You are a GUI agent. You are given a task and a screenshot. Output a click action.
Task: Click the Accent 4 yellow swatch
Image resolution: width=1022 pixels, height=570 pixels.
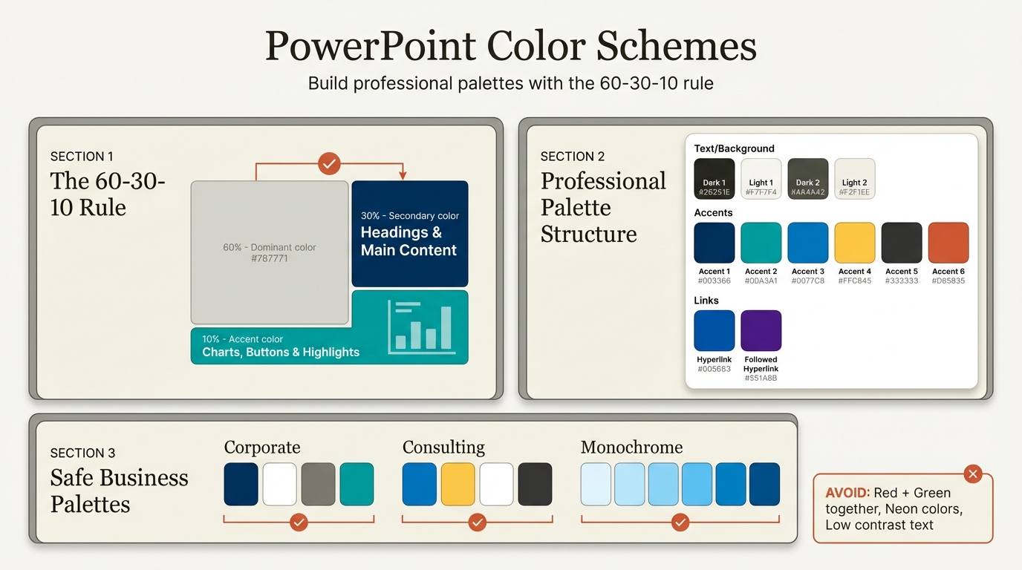pos(854,243)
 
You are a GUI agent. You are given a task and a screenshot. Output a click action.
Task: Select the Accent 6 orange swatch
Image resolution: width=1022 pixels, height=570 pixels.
pos(948,243)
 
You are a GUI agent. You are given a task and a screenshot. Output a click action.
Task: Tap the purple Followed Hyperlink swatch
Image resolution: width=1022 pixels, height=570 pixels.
pos(761,330)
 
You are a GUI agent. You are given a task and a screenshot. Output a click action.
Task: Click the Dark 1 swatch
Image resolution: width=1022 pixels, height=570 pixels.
pos(715,178)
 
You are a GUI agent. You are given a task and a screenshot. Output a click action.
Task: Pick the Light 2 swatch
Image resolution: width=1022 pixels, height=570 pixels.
pos(854,178)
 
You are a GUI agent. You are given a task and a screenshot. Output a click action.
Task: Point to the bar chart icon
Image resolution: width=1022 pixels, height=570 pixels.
pos(420,327)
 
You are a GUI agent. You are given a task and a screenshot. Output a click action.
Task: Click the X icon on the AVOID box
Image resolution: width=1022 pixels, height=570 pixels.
pos(973,474)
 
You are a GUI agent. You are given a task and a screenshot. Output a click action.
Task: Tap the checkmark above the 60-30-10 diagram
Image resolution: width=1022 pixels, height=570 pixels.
pos(329,163)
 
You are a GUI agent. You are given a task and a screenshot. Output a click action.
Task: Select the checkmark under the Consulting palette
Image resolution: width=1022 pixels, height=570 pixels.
pos(477,522)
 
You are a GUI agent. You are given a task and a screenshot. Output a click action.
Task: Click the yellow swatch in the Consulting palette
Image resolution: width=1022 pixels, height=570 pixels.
pos(458,484)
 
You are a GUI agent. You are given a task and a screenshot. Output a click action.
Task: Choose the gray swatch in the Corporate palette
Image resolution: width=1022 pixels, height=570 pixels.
pos(318,484)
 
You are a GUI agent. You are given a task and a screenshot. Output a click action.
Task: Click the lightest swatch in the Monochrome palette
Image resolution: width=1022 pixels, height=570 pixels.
pos(596,484)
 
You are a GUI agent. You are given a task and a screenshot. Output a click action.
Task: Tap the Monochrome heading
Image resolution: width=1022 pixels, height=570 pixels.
pos(631,448)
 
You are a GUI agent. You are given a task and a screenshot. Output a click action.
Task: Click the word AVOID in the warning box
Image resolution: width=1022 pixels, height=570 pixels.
pos(847,493)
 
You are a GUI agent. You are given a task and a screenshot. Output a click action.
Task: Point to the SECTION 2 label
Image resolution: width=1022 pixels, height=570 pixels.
pos(572,157)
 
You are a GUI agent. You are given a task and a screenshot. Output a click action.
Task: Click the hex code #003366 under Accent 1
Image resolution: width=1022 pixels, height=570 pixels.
pos(714,281)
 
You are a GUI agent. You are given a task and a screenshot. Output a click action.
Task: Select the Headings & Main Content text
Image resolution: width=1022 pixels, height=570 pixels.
pos(409,241)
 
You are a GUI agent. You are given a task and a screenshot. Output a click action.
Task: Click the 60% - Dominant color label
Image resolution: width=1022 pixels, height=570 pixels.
pos(270,247)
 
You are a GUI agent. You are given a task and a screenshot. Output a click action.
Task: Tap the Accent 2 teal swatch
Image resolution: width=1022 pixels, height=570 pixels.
pos(761,243)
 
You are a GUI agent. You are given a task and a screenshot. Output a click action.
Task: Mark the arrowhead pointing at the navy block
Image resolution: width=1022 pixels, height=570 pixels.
pos(403,175)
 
